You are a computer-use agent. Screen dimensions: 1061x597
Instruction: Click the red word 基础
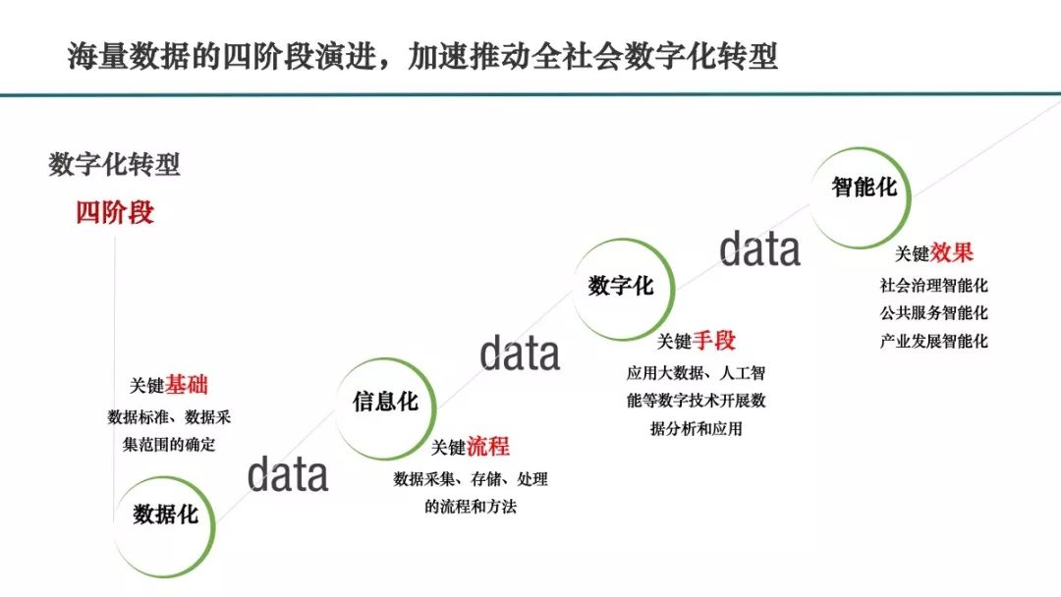188,385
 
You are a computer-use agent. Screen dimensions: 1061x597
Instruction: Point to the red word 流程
488,446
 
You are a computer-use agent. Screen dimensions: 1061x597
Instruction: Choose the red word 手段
714,341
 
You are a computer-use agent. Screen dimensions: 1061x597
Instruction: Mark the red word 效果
952,253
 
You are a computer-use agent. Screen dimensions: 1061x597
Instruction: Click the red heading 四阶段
115,212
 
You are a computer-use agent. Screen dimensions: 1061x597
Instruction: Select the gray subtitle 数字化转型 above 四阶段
114,164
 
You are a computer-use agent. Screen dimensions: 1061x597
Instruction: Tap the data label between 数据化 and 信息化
288,474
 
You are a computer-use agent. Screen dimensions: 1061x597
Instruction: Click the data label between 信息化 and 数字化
520,353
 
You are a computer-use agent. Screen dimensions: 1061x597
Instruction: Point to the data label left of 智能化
759,248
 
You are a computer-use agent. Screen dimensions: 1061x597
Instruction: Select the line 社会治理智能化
934,286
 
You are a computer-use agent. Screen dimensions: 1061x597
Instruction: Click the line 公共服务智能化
934,313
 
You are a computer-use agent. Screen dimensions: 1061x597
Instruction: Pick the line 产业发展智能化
934,341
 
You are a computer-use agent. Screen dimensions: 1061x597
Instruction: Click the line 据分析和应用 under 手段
697,429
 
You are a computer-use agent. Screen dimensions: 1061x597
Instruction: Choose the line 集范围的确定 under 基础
169,444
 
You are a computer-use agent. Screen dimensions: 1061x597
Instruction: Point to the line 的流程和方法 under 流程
471,507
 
